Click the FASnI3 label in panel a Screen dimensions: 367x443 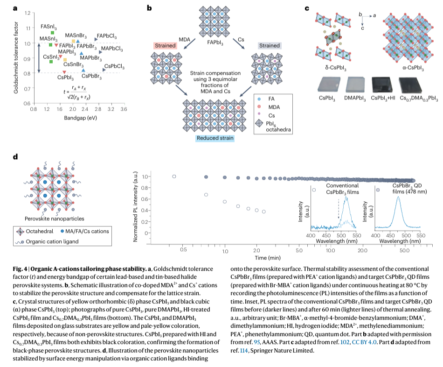(49, 26)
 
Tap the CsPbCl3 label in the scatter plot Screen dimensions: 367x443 (115, 67)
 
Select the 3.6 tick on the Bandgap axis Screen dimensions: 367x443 (123, 109)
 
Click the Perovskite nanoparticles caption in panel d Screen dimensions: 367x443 (48, 218)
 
